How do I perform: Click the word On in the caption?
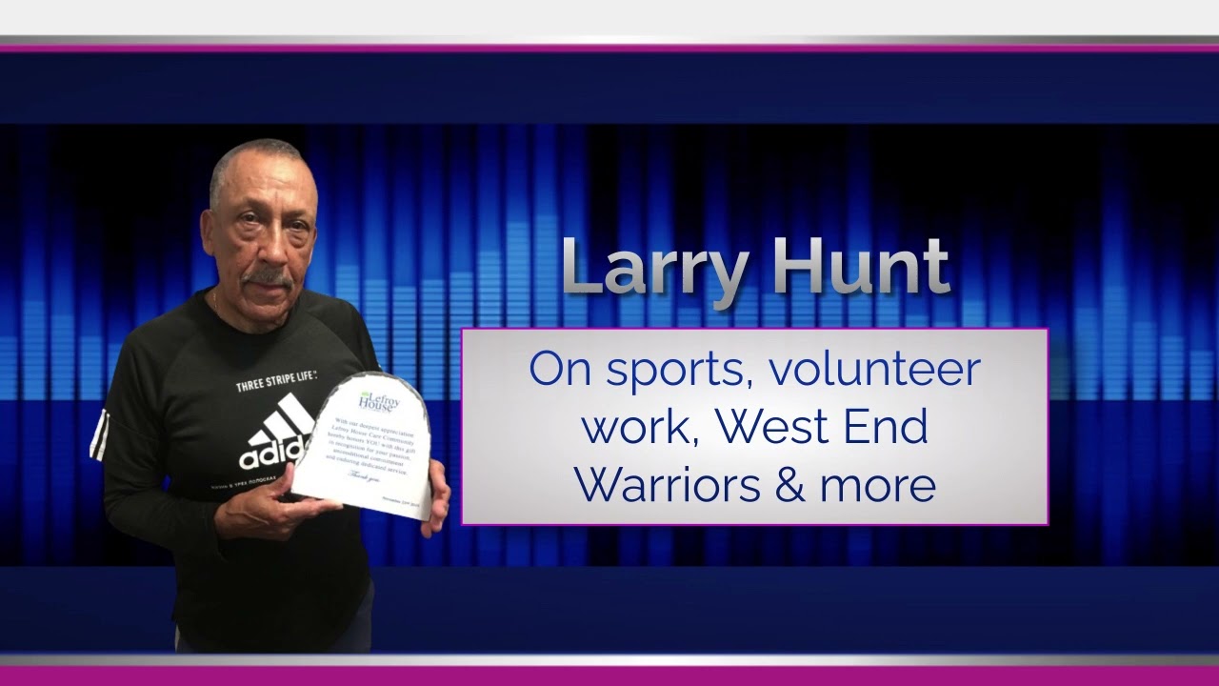[561, 370]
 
